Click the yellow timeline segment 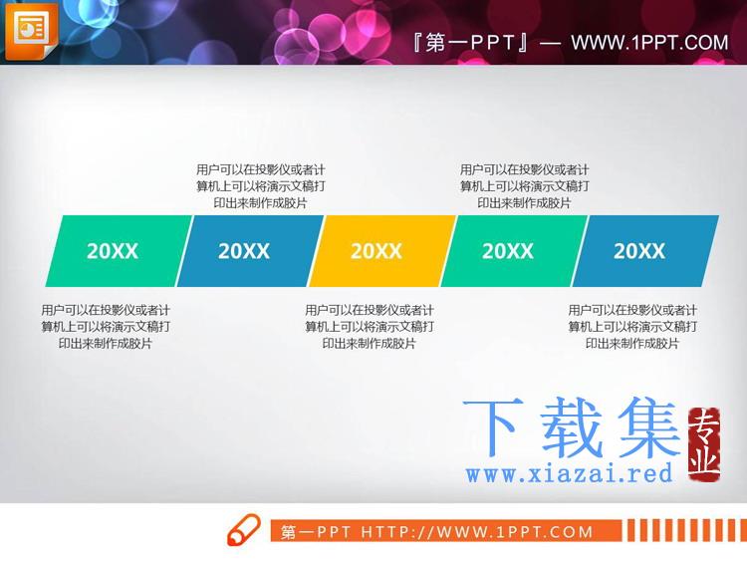pos(382,251)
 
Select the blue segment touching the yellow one pos(251,251)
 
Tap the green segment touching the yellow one pos(515,251)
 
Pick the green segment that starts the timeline pos(120,251)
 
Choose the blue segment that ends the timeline pos(646,251)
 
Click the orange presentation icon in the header pos(32,32)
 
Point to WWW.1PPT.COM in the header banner pos(649,43)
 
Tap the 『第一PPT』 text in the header pos(471,43)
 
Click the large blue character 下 pos(492,427)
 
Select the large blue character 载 pos(571,427)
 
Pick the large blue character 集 pos(648,427)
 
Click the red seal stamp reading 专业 pos(704,444)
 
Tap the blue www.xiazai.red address pos(570,473)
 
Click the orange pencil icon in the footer pos(243,529)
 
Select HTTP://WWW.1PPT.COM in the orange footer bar pos(477,531)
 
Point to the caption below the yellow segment pos(370,327)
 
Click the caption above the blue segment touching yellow pos(261,186)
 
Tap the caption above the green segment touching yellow pos(525,186)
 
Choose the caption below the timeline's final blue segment pos(632,327)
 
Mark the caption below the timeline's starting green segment pos(106,327)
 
